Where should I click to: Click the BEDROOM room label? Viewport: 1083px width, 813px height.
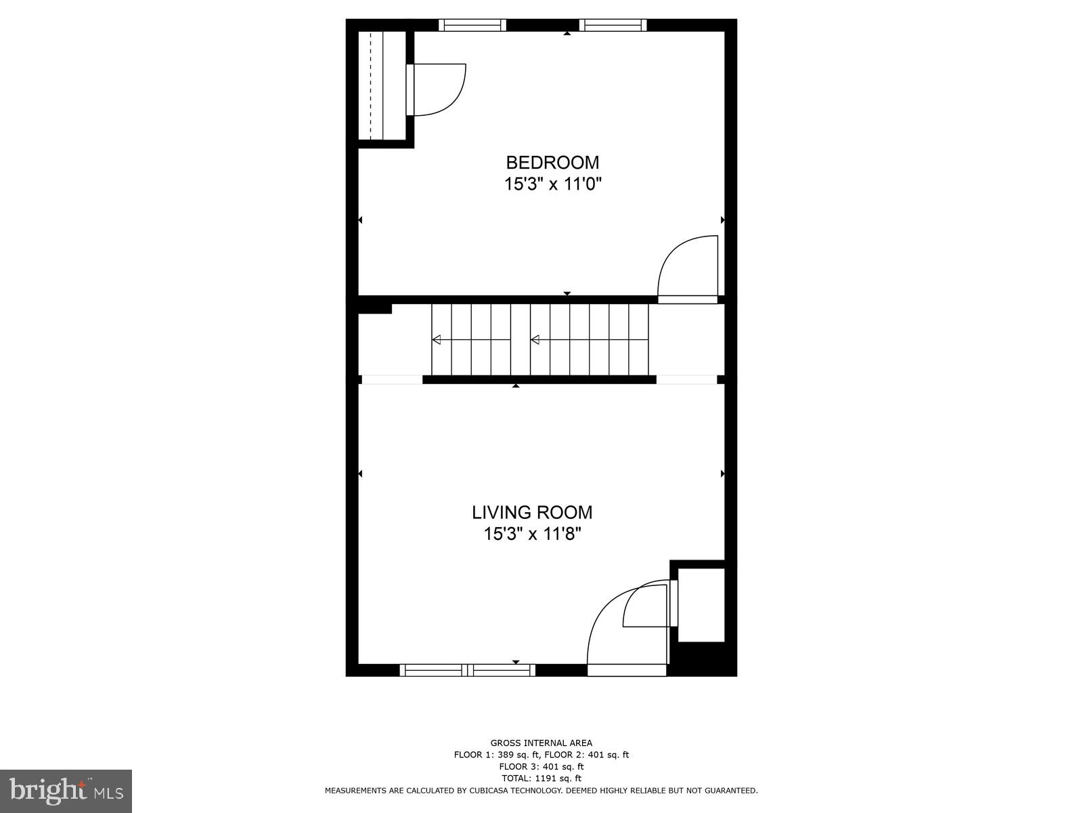[x=552, y=163]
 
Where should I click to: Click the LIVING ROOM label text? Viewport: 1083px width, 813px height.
[x=532, y=512]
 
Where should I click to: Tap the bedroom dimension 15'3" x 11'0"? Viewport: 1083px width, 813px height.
[x=552, y=184]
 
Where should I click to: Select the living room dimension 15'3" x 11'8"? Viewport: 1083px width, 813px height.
[x=532, y=534]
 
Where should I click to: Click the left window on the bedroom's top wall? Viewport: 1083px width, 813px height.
[x=472, y=25]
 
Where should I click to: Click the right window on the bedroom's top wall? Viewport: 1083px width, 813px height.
[x=613, y=25]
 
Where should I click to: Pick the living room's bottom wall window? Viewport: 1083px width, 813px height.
[x=467, y=670]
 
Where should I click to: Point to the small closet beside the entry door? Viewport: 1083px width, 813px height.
[x=701, y=605]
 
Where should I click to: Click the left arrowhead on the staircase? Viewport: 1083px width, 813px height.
[x=437, y=339]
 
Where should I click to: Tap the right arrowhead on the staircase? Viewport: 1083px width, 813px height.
[x=535, y=339]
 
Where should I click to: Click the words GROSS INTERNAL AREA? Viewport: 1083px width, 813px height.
[x=541, y=743]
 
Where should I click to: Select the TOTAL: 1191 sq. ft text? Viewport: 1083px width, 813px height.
[x=541, y=778]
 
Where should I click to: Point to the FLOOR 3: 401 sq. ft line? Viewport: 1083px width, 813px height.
[x=541, y=767]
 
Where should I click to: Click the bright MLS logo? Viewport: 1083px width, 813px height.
[x=66, y=791]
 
